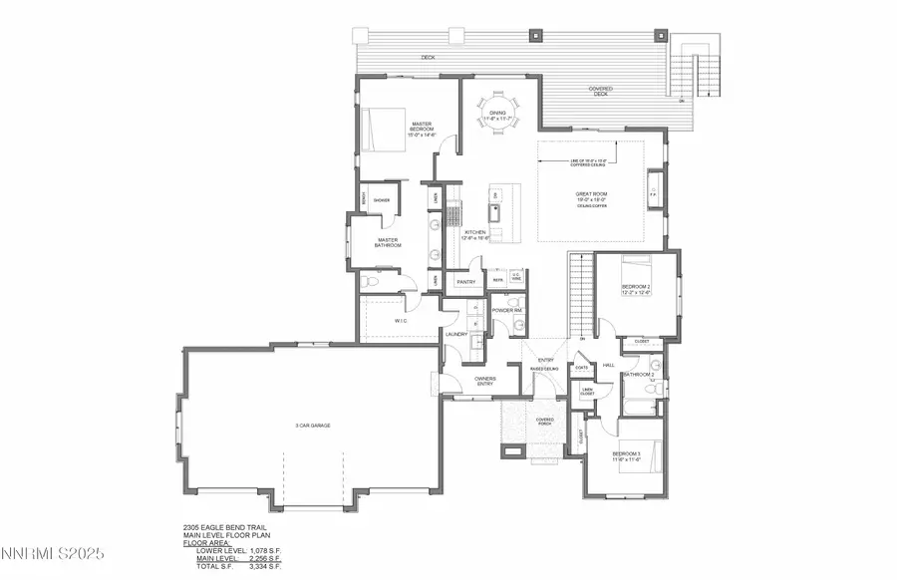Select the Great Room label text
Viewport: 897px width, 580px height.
591,195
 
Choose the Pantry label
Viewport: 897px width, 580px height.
465,282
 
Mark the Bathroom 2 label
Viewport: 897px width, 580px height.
638,375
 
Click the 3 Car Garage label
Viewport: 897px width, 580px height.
312,426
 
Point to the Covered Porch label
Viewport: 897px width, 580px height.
544,422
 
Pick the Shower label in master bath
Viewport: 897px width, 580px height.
381,200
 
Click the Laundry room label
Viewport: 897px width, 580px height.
456,334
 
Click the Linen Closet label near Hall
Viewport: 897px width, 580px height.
588,392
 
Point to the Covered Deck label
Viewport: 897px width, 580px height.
601,90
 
